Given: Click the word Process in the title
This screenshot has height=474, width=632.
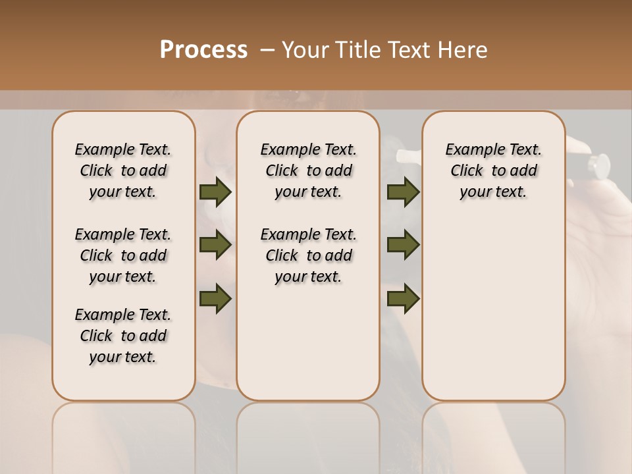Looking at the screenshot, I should (203, 50).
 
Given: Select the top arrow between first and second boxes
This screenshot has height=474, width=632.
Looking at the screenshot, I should (215, 192).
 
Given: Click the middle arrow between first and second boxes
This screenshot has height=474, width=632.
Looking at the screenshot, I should (215, 245).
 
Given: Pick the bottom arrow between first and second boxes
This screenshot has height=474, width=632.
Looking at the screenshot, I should (215, 299).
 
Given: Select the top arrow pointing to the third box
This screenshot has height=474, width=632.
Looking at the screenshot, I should (403, 192).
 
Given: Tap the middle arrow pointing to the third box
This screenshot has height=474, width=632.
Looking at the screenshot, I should (403, 245).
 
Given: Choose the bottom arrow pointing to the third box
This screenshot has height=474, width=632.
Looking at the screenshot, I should (403, 299).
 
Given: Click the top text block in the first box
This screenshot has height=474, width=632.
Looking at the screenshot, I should (123, 171).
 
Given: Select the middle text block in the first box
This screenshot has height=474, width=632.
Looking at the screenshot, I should (123, 255).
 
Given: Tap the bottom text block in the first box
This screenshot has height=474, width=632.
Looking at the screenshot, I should (123, 336).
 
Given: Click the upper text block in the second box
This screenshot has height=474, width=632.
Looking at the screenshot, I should (308, 171).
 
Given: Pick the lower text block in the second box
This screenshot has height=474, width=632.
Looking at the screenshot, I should (308, 255).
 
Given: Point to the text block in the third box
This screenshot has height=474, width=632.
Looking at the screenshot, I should (494, 171).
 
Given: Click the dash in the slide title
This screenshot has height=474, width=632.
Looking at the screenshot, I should (267, 50).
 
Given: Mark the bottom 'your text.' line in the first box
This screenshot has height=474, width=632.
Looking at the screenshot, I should (123, 357).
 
